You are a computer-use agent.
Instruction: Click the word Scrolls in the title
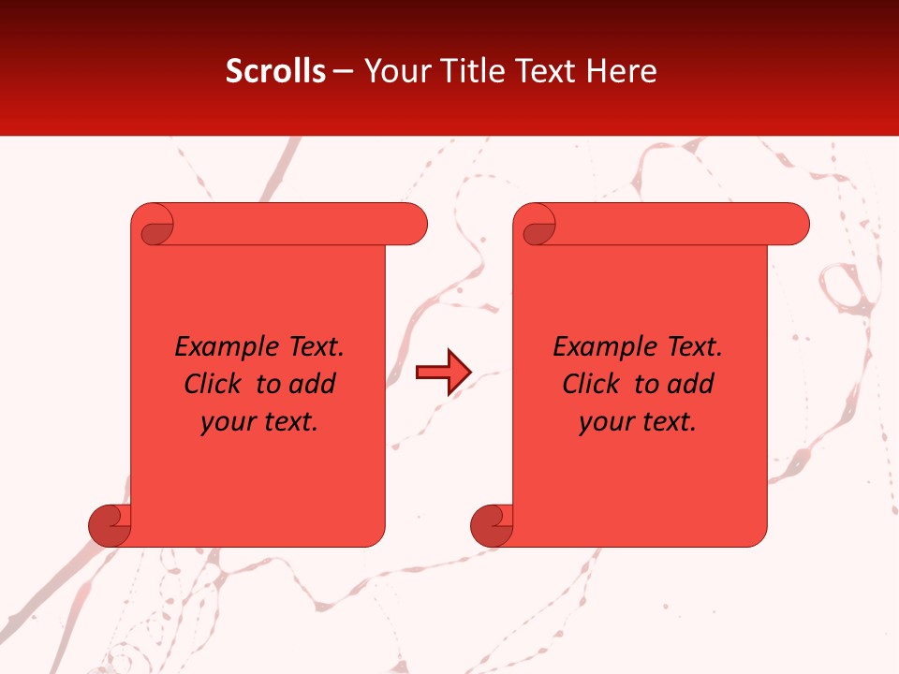coord(275,71)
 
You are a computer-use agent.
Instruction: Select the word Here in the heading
coord(622,71)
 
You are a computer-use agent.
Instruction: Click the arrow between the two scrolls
coord(443,373)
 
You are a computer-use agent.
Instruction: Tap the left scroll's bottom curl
coord(110,525)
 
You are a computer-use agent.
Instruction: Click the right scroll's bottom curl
coord(492,525)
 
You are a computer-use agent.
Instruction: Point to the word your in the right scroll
coord(605,423)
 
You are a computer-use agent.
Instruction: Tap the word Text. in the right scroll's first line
coord(694,347)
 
